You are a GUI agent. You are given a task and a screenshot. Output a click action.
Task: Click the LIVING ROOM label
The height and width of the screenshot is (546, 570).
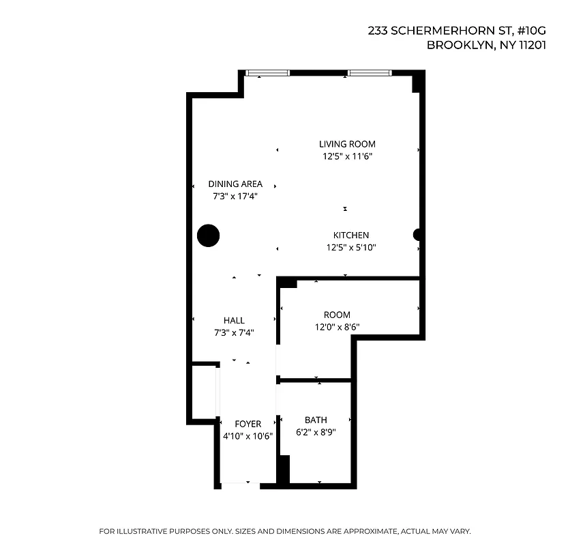pos(347,144)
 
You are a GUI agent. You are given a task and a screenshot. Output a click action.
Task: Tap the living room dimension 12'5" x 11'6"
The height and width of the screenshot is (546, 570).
pos(347,156)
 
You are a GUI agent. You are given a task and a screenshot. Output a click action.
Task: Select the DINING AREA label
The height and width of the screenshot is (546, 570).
pos(235,184)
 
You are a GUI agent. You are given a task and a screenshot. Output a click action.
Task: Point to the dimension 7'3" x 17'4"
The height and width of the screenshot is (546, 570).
pos(235,196)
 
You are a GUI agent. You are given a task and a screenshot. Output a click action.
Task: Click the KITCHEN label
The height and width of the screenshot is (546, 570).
pos(351,235)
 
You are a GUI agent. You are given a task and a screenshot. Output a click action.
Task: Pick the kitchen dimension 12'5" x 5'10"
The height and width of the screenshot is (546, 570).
pos(351,248)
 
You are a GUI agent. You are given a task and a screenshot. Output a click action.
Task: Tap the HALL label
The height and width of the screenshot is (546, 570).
pos(234,320)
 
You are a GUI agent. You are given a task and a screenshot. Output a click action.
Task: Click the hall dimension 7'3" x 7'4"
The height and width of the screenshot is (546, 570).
pos(234,332)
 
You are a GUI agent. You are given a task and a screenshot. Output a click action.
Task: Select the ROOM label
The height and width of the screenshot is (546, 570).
pos(337,315)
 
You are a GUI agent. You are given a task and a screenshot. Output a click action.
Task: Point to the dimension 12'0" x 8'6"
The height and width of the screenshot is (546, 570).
pos(337,327)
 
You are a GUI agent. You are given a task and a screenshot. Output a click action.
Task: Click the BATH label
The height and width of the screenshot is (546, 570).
pos(316,420)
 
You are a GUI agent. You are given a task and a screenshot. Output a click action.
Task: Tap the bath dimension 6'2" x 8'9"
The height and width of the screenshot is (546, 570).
pos(316,432)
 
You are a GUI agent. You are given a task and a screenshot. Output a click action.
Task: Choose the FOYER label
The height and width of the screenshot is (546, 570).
pos(247,424)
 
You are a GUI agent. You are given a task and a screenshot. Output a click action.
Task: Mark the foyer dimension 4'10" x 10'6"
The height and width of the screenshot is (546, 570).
pos(247,436)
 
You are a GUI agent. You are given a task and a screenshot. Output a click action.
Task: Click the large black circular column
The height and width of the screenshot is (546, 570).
pos(209,235)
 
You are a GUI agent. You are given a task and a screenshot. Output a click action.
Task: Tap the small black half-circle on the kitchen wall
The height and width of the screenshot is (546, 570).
pos(418,235)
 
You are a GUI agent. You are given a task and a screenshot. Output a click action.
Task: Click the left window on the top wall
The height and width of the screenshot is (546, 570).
pos(267,73)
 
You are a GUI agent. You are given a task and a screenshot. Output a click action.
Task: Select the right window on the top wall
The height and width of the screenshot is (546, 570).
pos(369,73)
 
